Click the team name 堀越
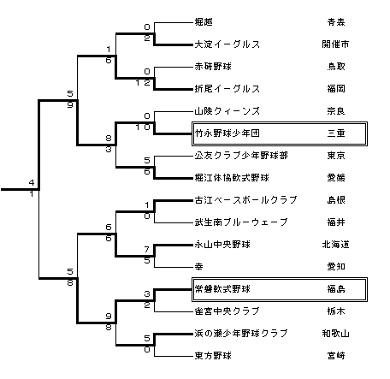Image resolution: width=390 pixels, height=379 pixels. coord(204,22)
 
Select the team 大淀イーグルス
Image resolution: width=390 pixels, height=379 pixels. coord(227,44)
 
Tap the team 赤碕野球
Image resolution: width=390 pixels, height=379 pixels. coord(213,67)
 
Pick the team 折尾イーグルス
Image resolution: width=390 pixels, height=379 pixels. coord(227,89)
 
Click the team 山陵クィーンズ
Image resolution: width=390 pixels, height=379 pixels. coord(227,111)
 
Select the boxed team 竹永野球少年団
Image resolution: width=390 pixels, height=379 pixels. coord(227,133)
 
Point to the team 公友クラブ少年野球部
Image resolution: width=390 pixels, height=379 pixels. coord(241,156)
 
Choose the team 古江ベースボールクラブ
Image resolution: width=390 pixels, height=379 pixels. coord(245,200)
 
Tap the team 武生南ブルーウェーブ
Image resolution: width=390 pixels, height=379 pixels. coord(241,222)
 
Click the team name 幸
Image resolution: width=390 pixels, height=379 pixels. coord(199,267)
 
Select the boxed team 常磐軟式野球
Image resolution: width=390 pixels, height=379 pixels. coord(222,289)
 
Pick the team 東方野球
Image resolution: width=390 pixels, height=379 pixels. coord(213,356)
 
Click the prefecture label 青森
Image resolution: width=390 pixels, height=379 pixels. coord(336,22)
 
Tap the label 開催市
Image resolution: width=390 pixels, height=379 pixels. coord(335,44)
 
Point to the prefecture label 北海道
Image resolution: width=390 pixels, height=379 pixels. coord(335,245)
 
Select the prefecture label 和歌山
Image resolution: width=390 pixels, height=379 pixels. coord(335,334)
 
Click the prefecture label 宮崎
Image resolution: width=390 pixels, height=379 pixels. coord(336,356)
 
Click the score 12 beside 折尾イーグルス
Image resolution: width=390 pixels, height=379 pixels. coord(143,83)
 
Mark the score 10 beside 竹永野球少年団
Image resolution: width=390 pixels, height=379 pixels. coord(143,127)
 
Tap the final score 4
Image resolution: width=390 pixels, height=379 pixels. coord(32,182)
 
